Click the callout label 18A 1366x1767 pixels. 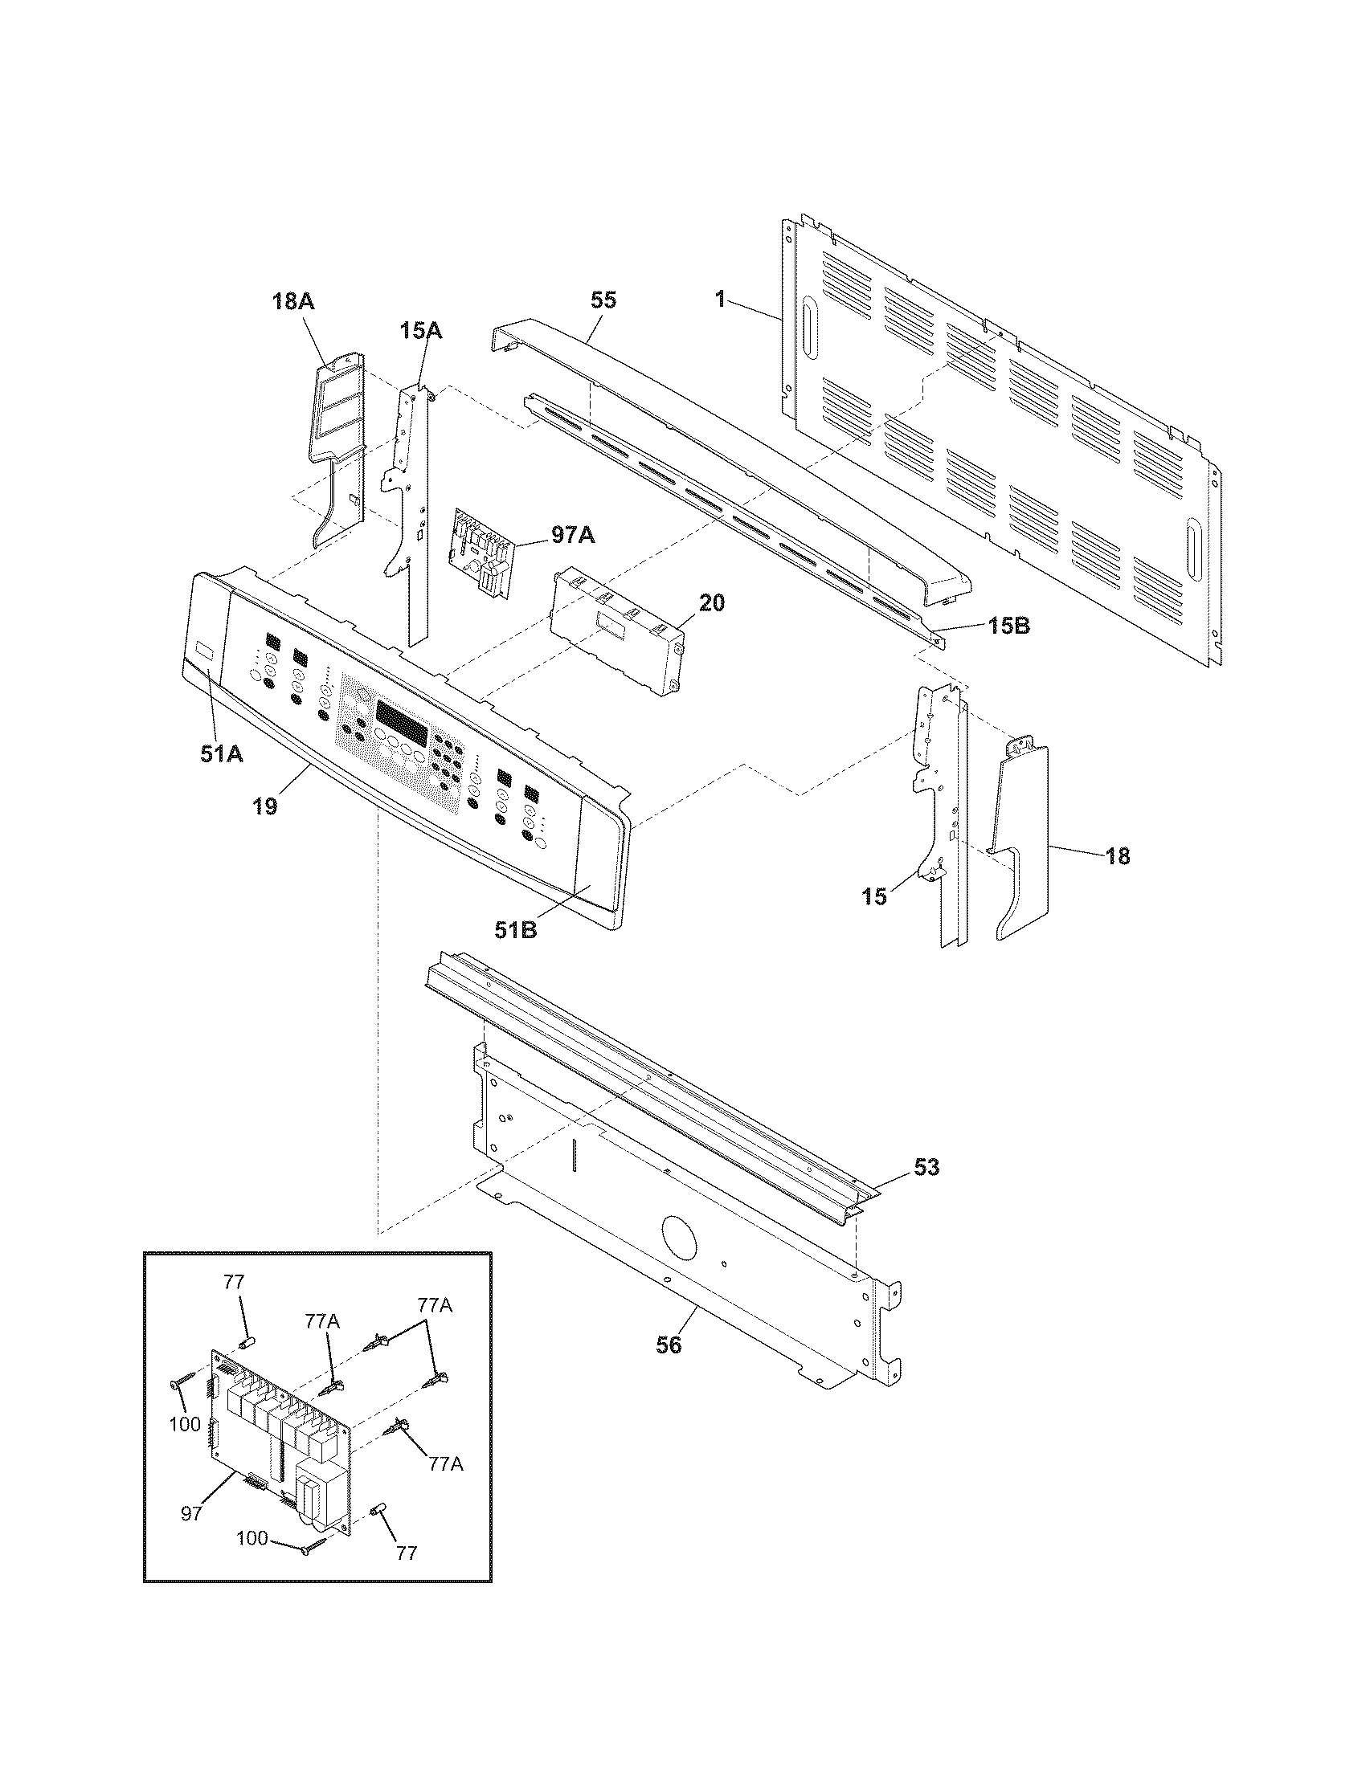point(292,302)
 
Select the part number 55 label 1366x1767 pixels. point(603,300)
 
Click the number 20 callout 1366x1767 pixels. point(712,602)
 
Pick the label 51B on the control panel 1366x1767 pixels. point(517,930)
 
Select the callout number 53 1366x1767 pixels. point(926,1167)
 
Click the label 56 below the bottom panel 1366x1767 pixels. point(669,1345)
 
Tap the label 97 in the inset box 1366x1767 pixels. point(191,1514)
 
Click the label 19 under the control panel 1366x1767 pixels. point(264,806)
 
